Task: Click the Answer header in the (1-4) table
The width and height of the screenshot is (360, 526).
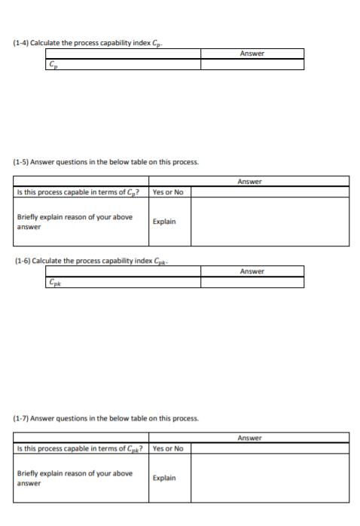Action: pyautogui.click(x=252, y=54)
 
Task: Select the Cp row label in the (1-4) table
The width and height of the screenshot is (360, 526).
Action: pyautogui.click(x=53, y=65)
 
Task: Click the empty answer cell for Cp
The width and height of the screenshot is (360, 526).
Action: pyautogui.click(x=252, y=65)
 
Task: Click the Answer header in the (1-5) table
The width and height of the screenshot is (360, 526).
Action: pyautogui.click(x=249, y=182)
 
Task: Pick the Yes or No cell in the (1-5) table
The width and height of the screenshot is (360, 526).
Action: pyautogui.click(x=167, y=192)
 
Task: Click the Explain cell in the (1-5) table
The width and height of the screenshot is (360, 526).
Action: pyautogui.click(x=163, y=222)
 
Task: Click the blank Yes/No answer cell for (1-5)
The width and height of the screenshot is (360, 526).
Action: pyautogui.click(x=270, y=192)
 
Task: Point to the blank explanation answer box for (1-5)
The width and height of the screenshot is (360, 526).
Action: pyautogui.click(x=270, y=222)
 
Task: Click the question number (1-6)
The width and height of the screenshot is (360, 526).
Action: pyautogui.click(x=24, y=261)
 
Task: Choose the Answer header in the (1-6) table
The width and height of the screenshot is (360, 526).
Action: pyautogui.click(x=252, y=271)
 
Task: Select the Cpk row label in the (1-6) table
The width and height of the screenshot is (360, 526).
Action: pyautogui.click(x=54, y=282)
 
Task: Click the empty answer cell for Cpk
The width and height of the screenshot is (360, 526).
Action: pyautogui.click(x=252, y=282)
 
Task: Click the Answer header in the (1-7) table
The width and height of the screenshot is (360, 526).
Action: pyautogui.click(x=249, y=438)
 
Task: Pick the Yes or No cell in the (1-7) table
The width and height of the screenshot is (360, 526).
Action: pyautogui.click(x=167, y=448)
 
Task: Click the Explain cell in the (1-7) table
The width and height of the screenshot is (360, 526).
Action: pyautogui.click(x=163, y=478)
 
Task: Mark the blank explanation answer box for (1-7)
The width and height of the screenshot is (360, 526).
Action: pyautogui.click(x=270, y=478)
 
